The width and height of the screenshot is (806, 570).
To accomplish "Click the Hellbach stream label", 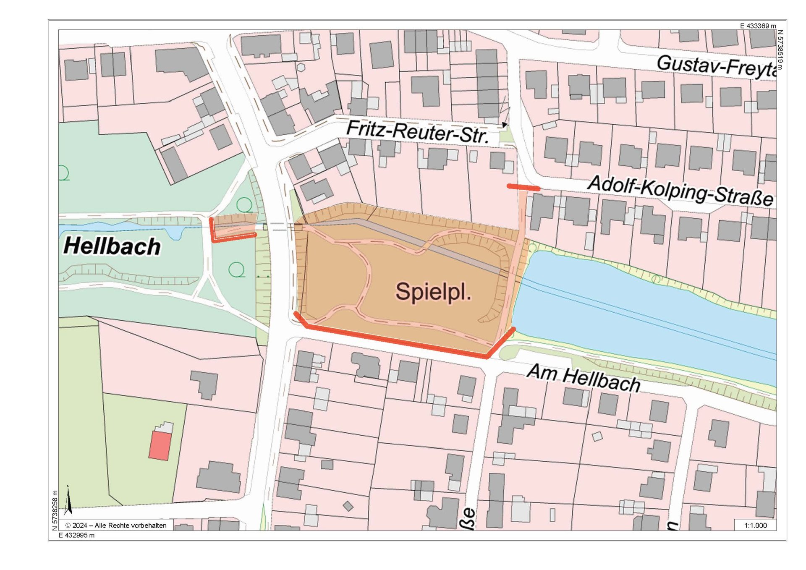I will click(x=112, y=246).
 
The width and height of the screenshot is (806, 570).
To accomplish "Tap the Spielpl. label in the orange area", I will click(x=433, y=291).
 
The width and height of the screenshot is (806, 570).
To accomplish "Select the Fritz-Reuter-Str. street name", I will click(x=418, y=132).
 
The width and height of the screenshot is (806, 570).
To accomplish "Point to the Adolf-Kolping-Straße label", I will click(x=680, y=191).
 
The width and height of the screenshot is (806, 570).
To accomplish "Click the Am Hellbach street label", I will click(x=583, y=378).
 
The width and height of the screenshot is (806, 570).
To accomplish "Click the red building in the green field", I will click(x=160, y=446).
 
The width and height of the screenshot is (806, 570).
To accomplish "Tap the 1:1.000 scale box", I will click(x=755, y=526).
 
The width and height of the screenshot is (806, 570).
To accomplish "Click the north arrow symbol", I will click(x=68, y=500).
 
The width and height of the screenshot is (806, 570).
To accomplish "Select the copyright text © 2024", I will click(x=116, y=526).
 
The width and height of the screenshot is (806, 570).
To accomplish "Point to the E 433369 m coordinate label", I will click(x=758, y=26).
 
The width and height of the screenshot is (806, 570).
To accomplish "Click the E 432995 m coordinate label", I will click(x=76, y=535).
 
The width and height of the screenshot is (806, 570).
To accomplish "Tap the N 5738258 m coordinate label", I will click(x=55, y=510).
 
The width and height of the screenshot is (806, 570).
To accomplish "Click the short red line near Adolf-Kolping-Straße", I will click(x=523, y=188).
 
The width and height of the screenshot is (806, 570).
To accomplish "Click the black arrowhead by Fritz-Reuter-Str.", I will click(x=504, y=125).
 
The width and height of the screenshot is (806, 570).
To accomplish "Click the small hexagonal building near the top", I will click(x=301, y=67).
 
